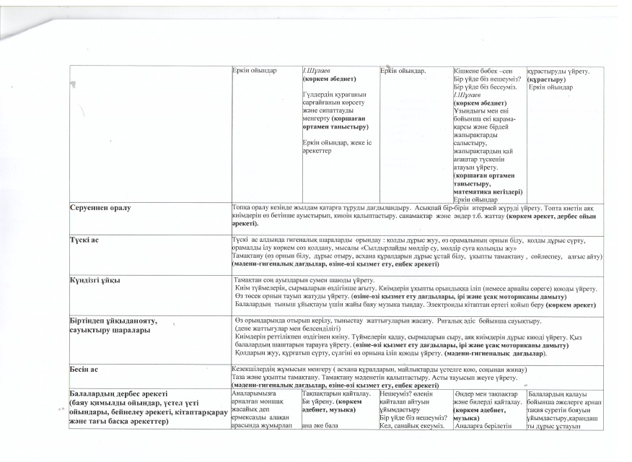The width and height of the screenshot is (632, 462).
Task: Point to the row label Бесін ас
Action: click(84, 368)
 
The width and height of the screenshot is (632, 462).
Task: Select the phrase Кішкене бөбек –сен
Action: click(483, 71)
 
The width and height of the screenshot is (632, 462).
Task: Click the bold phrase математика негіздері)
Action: click(488, 192)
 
